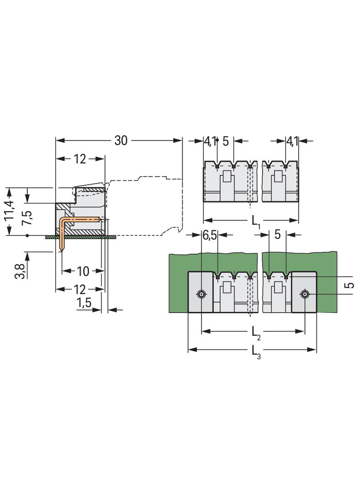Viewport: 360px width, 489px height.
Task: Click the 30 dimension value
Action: (x=120, y=141)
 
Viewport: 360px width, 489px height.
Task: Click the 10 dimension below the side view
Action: (x=83, y=271)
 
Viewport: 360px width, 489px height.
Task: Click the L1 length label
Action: (x=256, y=222)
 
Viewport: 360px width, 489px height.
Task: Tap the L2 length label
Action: (x=255, y=332)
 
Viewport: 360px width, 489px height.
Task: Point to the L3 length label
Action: (x=255, y=351)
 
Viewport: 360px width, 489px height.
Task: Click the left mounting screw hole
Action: (x=201, y=294)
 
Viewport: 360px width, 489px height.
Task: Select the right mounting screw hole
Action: (x=304, y=294)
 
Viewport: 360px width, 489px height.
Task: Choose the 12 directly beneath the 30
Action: (x=79, y=159)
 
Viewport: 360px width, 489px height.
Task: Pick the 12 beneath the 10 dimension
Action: (x=79, y=289)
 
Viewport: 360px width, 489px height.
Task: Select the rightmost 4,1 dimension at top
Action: (x=292, y=141)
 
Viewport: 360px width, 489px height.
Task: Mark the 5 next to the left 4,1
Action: (x=225, y=141)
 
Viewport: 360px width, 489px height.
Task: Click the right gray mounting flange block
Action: (x=304, y=292)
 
